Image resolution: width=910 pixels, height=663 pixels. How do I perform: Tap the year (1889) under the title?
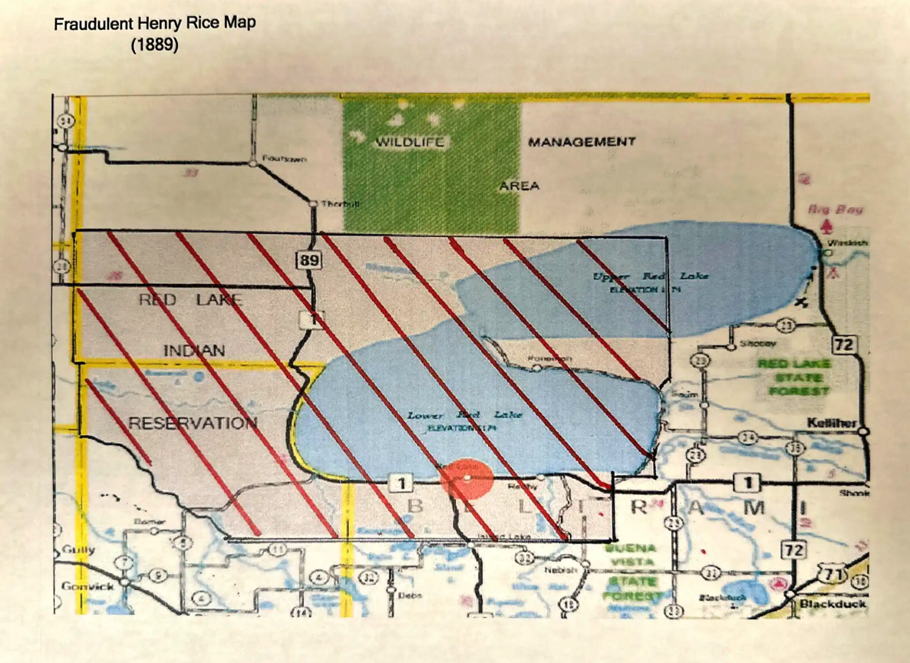click(x=154, y=45)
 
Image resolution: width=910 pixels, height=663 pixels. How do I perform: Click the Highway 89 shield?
click(x=308, y=261)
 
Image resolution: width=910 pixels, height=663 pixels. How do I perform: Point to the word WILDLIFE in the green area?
click(x=410, y=143)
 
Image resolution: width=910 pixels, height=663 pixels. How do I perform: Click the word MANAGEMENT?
click(x=582, y=142)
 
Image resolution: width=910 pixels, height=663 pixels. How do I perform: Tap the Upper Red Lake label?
click(x=651, y=275)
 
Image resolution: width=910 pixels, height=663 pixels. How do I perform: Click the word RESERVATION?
click(x=192, y=424)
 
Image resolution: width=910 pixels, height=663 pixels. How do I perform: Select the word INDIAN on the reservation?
click(x=194, y=351)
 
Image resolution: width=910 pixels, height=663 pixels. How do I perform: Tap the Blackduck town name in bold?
click(x=833, y=604)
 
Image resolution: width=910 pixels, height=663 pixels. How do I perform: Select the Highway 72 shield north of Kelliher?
click(x=844, y=345)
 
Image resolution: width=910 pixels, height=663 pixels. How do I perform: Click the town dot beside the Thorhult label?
click(x=312, y=203)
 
